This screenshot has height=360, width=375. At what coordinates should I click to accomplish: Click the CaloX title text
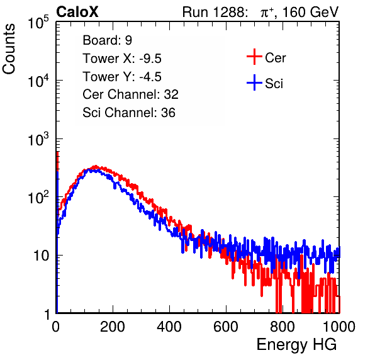77,12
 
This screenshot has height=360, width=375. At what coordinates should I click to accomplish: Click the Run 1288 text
215,12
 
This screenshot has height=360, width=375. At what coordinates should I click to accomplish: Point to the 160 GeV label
310,12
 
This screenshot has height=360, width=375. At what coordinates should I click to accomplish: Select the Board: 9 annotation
107,40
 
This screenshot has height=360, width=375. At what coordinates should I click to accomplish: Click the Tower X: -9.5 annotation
122,59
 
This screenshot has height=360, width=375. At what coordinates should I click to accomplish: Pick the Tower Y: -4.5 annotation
122,77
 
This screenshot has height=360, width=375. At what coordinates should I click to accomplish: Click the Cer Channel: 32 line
130,94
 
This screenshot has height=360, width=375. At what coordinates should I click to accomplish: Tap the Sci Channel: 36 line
129,113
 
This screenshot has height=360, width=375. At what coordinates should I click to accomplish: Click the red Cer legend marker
254,57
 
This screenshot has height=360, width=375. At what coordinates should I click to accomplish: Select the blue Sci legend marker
254,83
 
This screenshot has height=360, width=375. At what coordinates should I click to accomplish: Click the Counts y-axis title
9,49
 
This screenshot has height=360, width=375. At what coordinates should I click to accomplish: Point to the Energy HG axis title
296,345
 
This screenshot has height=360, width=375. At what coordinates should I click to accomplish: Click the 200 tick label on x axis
113,327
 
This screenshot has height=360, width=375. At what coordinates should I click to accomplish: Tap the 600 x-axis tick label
226,327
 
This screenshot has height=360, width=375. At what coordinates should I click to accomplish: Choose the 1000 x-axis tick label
339,327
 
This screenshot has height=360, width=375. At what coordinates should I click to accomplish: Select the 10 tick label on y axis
41,256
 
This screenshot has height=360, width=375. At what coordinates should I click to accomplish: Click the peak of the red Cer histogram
96,166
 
